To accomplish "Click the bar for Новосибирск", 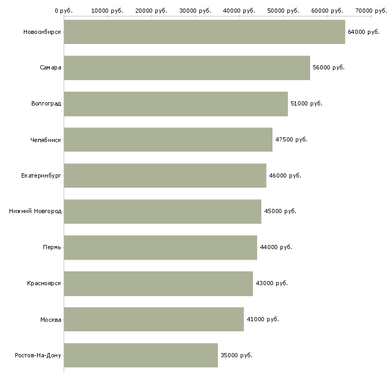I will tap(204, 32).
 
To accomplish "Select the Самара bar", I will tap(187, 68).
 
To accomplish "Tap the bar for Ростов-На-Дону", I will tap(140, 355).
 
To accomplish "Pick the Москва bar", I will tap(154, 319).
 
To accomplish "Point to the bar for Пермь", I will tap(160, 247).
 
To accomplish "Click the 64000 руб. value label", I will tap(364, 32).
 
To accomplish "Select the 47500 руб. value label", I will tap(291, 139).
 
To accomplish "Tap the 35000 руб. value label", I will tap(236, 355).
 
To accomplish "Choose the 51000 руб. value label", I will tap(306, 103).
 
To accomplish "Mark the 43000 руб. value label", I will tap(271, 283).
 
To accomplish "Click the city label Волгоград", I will tap(46, 103).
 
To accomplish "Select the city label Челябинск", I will tap(46, 139).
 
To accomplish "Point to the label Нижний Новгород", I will tap(35, 212).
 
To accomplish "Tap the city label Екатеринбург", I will tap(41, 175).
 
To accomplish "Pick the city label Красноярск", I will tap(44, 283).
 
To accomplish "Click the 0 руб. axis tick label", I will tap(64, 10).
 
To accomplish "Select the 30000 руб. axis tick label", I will tap(196, 10).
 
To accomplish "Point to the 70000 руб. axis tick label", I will tap(371, 10).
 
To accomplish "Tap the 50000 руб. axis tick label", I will tap(284, 10).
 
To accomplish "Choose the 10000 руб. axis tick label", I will tap(108, 10).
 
